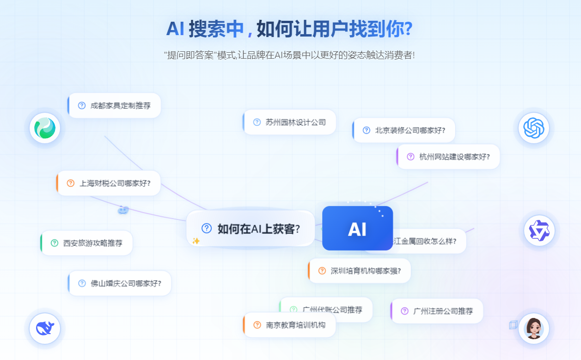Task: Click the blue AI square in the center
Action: point(357,228)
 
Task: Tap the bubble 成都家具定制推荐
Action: point(115,105)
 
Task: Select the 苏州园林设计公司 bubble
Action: point(290,122)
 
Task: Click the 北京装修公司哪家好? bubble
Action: point(404,130)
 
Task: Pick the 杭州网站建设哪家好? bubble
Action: point(448,157)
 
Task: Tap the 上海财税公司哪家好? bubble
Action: point(109,183)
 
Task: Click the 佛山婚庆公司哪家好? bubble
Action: point(120,283)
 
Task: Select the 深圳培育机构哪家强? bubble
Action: point(360,271)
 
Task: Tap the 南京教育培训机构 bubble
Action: point(290,325)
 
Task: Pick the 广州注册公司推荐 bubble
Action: point(437,311)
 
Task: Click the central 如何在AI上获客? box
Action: point(251,228)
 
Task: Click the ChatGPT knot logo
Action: point(534,128)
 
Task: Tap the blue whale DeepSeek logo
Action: point(45,329)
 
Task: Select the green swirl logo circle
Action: point(45,128)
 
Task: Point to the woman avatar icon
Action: point(534,329)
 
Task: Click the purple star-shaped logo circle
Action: point(539,230)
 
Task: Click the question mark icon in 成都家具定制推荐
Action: point(82,105)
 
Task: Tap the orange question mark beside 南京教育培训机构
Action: point(257,325)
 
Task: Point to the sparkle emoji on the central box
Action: point(196,241)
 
